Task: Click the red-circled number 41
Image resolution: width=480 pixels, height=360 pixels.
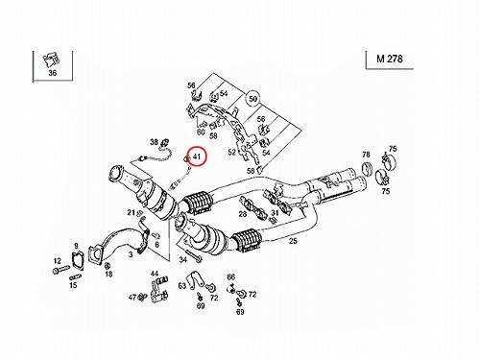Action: coord(197,156)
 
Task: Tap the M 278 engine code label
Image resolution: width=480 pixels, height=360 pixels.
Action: coord(390,59)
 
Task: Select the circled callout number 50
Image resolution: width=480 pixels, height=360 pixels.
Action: coord(252,99)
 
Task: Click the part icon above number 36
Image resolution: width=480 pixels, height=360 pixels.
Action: coord(52,60)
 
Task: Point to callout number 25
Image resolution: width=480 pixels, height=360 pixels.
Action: coord(293,241)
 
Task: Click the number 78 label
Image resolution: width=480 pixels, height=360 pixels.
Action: coord(366,155)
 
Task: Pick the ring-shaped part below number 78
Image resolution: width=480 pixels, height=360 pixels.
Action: coord(367,170)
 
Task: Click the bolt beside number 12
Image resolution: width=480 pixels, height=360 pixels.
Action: coord(61,271)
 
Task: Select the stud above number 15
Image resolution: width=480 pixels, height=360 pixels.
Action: coord(75,276)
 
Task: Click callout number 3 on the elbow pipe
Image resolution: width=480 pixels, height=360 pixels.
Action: coord(131,254)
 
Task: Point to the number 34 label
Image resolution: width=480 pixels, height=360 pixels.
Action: coord(182,259)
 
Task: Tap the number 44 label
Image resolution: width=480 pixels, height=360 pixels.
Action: coord(155,274)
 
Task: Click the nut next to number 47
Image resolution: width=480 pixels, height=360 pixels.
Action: coord(141,298)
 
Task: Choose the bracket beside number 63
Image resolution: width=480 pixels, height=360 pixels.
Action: coord(195,280)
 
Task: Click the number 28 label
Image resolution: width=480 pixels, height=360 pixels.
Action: coord(243,214)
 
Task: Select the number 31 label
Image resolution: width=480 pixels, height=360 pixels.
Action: coord(275,212)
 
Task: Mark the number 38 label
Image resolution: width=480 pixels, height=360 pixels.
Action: coord(155,141)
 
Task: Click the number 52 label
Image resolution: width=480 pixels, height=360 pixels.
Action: coord(231,152)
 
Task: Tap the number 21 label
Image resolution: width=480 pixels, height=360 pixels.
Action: coord(131,212)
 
